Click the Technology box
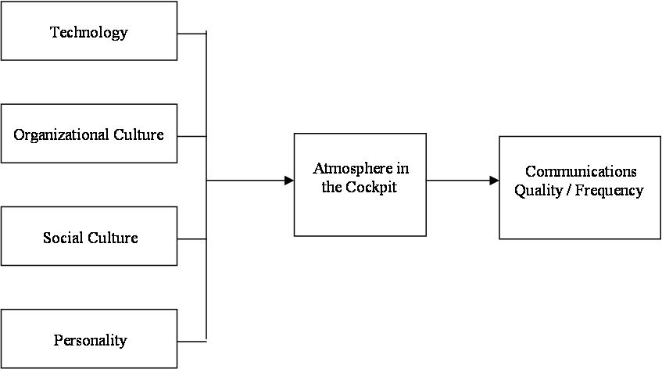tap(88, 31)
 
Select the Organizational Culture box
tap(88, 134)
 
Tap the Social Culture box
tap(88, 236)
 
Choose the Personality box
tap(88, 339)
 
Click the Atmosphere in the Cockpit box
tap(360, 184)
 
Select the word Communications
tap(580, 171)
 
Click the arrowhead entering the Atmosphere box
tap(289, 181)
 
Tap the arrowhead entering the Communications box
tap(494, 181)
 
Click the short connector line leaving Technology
tap(191, 34)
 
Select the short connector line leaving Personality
tap(191, 339)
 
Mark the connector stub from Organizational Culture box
tap(191, 136)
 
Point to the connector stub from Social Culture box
tap(191, 238)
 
